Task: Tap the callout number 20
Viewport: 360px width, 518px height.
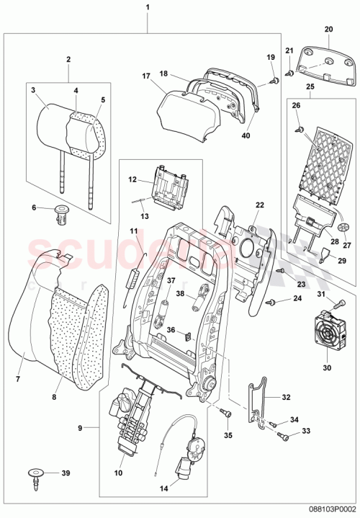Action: pyautogui.click(x=328, y=30)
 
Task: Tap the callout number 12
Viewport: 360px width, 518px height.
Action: pyautogui.click(x=132, y=180)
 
